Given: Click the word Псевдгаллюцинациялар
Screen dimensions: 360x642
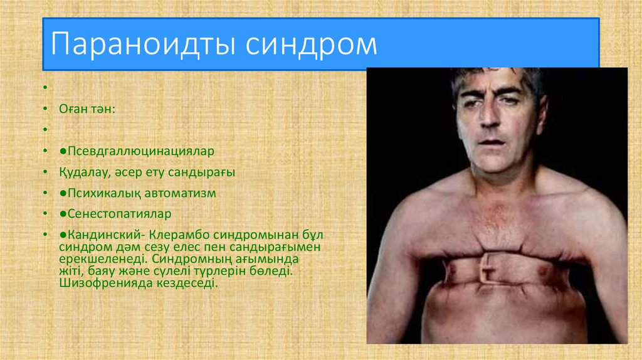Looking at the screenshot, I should coord(141,151).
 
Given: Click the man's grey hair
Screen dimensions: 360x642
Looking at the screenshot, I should coord(495,77).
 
